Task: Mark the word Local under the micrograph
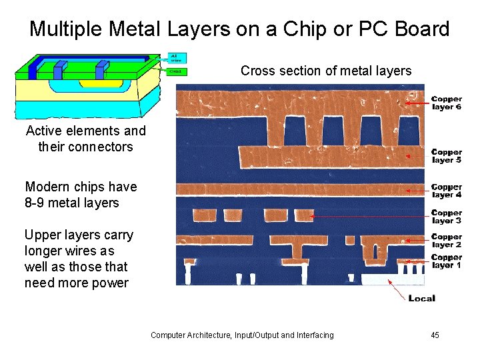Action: [x=421, y=298]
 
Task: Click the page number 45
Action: [x=435, y=335]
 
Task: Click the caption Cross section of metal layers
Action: [x=326, y=71]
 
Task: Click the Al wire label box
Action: [x=177, y=58]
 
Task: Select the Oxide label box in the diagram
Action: [x=177, y=71]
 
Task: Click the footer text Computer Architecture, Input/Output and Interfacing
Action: [x=242, y=335]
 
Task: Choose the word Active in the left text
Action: [x=45, y=131]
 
